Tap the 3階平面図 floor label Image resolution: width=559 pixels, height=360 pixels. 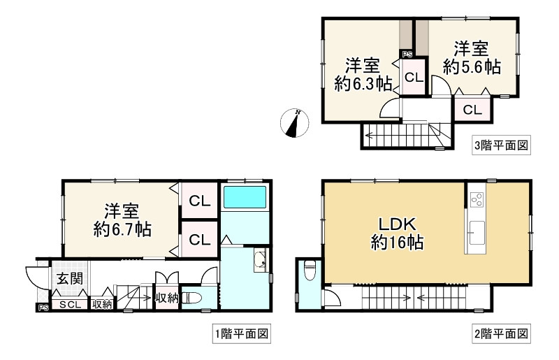(500, 146)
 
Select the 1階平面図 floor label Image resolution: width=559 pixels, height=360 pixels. (241, 334)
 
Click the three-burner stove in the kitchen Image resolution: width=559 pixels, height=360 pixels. (477, 199)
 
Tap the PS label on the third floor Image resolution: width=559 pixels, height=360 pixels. (407, 54)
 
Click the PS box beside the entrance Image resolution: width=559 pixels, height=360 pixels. (43, 307)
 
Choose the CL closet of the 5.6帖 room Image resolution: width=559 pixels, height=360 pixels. (472, 109)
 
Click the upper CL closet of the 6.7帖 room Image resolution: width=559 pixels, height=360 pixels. (199, 201)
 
